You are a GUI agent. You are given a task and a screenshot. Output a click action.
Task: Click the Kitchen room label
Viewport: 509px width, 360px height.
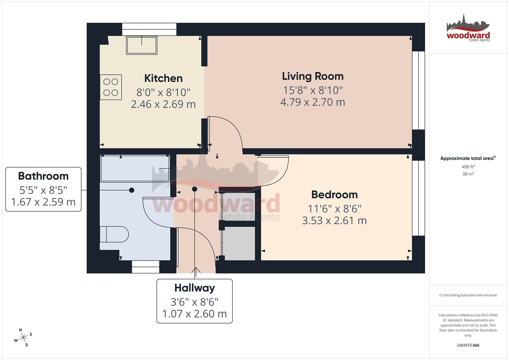[x=163, y=78]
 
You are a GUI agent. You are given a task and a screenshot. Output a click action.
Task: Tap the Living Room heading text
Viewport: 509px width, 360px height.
[x=312, y=76]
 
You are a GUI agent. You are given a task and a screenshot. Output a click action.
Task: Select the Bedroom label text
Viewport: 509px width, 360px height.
[x=334, y=195]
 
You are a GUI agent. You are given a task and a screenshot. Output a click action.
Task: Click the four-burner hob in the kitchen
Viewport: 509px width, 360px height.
[x=111, y=87]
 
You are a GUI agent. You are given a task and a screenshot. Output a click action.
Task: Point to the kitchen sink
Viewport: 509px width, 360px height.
[x=141, y=45]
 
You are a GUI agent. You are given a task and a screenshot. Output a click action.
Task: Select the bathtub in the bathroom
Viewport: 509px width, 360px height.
[x=135, y=168]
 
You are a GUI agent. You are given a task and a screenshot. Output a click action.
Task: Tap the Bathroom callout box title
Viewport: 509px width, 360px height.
[x=43, y=176]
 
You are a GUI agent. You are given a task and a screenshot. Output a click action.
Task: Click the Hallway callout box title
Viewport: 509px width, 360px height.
[x=195, y=288]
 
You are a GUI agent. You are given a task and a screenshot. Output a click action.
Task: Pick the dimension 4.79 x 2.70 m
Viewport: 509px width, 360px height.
[x=312, y=102]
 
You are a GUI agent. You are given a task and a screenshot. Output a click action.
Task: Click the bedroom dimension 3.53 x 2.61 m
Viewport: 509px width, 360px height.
[x=334, y=221]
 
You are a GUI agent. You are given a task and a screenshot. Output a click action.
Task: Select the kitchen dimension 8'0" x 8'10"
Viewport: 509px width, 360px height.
[x=163, y=92]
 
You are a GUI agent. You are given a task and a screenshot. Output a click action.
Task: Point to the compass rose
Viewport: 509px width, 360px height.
[x=23, y=338]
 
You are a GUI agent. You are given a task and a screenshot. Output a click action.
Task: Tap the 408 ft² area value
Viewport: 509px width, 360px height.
[x=468, y=167]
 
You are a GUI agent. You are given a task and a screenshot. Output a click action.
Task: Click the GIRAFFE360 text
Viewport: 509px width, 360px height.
[x=468, y=345]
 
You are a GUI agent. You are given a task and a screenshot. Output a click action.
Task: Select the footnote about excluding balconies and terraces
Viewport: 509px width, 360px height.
[x=468, y=295]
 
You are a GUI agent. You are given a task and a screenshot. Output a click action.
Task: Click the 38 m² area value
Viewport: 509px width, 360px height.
[x=468, y=174]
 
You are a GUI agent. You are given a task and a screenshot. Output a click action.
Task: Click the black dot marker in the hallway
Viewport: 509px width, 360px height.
[x=195, y=189]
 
